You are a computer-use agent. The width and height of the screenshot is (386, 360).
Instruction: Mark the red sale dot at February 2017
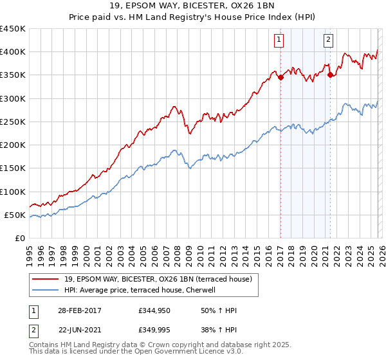point(280,77)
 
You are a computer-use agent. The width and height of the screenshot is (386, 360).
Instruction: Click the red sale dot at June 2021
point(330,75)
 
